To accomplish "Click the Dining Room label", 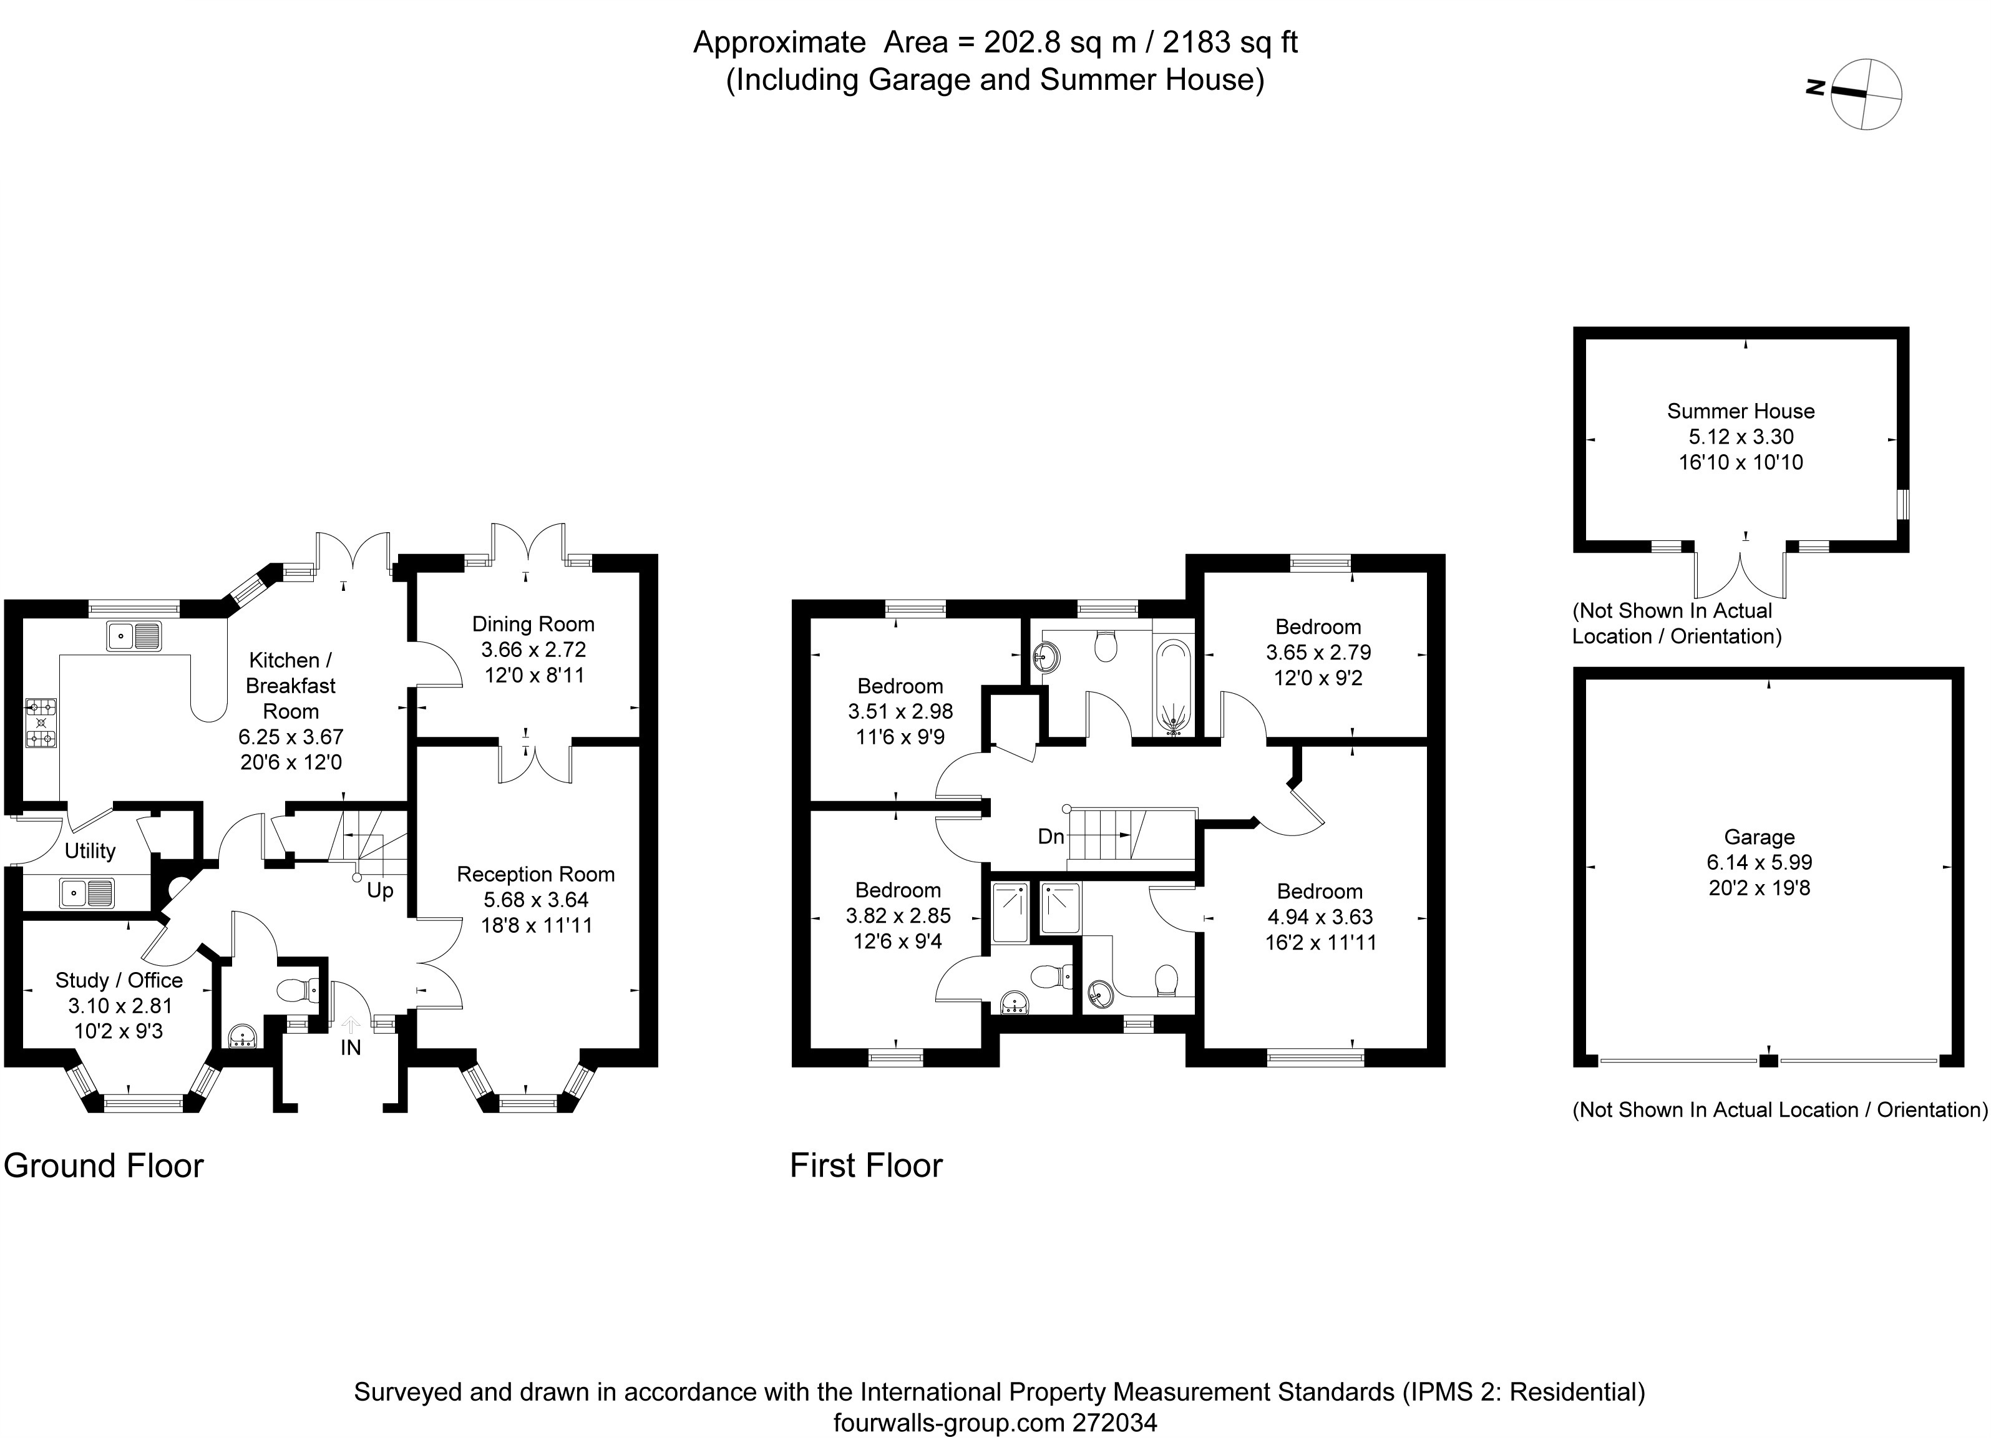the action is pos(533,624).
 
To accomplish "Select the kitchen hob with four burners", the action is pos(41,723).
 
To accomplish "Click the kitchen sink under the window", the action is pos(134,636).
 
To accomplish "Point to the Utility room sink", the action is pos(87,893).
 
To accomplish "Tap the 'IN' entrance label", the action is pos(350,1048).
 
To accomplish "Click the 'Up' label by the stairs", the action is pos(379,890).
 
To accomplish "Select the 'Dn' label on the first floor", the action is pos(1051,837).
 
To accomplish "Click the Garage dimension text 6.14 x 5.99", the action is pos(1760,862).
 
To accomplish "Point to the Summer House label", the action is pos(1741,411).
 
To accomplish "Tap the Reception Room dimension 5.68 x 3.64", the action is pos(535,900).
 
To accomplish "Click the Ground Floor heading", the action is pos(104,1166).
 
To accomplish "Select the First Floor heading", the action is pos(865,1166).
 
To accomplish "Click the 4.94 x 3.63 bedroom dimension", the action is pos(1320,917).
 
